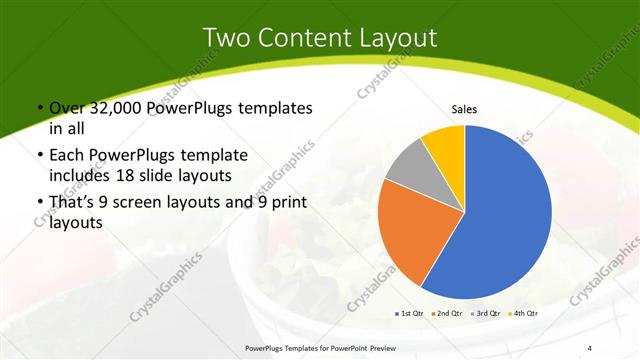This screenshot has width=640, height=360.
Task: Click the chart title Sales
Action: pos(464,109)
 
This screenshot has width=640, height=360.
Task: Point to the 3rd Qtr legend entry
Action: pos(487,313)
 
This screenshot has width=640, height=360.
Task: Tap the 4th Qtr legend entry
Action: pos(525,313)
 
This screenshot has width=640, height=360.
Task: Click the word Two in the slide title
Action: pos(227,37)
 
